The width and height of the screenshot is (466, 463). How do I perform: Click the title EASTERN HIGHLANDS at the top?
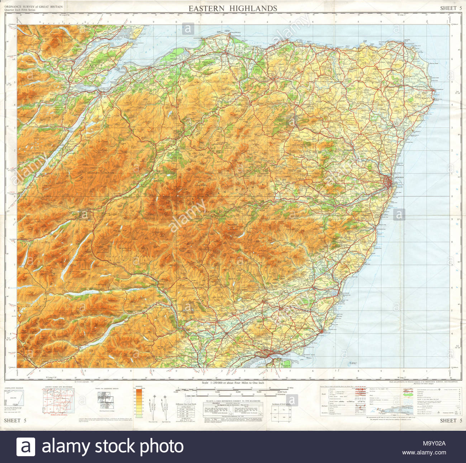(233, 9)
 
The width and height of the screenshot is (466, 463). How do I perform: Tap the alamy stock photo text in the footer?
(113, 447)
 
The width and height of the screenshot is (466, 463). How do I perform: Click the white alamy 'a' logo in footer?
(26, 447)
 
